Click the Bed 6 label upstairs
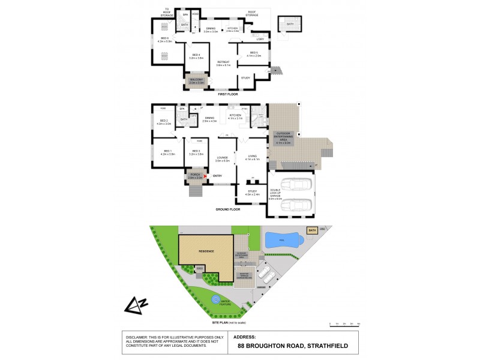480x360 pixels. [164, 40]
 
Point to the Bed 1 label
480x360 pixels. [166, 153]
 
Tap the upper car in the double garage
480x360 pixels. [298, 185]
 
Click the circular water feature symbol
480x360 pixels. [214, 300]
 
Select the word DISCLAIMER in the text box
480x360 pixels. [137, 337]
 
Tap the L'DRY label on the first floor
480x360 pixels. [253, 41]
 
